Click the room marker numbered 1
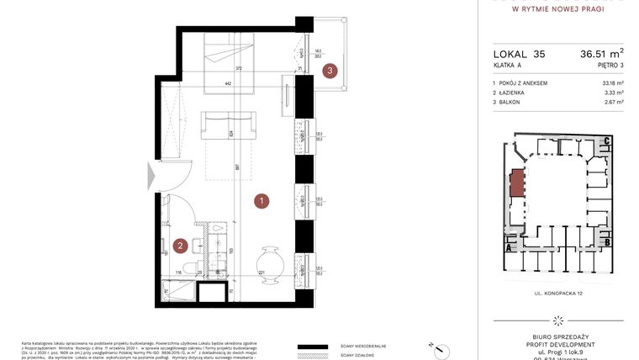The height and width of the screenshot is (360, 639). point(262,201)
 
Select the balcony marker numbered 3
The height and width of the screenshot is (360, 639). point(332,71)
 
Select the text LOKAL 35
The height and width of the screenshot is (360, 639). point(519,53)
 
